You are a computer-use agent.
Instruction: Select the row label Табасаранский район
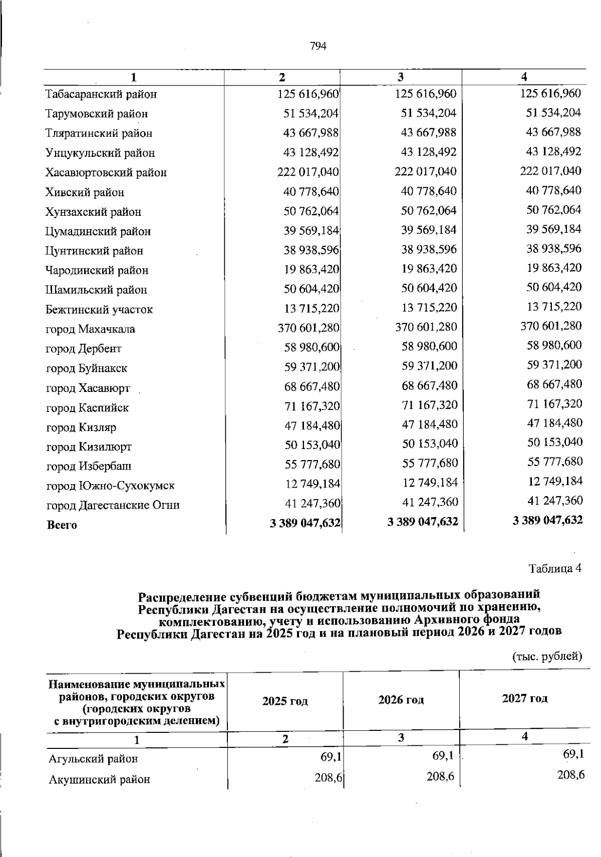pos(101,94)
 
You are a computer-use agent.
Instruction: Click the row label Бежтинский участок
pos(99,310)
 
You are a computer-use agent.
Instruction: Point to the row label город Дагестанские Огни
pos(113,505)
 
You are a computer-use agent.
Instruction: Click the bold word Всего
pos(62,525)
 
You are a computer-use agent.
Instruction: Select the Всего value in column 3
pos(423,522)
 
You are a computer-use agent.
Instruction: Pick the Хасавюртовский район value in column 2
pos(308,172)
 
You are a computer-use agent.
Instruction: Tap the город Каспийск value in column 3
pos(430,404)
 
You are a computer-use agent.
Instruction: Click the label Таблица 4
pos(555,569)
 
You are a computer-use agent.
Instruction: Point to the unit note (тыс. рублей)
pos(547,656)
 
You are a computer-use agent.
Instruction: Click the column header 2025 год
pos(285,701)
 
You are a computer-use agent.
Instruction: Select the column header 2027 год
pos(525,698)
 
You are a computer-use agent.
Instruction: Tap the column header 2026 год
pos(401,700)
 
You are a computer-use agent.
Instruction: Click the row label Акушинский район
pos(99,779)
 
